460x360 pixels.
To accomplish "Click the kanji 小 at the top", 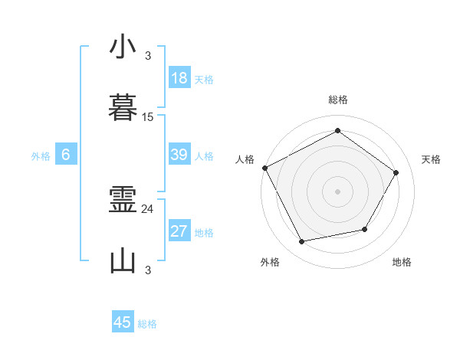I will click(x=123, y=47).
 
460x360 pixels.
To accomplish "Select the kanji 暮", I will click(x=123, y=108).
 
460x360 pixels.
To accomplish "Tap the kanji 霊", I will click(x=123, y=201).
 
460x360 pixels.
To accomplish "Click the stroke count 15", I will click(x=148, y=117).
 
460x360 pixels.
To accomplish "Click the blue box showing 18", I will click(x=179, y=78).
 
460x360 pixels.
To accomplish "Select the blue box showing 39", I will click(x=179, y=155).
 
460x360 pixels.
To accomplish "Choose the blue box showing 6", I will click(x=66, y=155).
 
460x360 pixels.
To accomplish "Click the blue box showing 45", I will click(x=123, y=322).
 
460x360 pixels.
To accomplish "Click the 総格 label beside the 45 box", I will click(x=147, y=324).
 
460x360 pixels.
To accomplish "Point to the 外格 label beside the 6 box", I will click(x=41, y=156).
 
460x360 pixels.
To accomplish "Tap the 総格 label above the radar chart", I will click(x=338, y=100).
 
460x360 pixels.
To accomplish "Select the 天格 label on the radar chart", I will click(x=432, y=159).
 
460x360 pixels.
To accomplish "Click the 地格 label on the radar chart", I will click(x=402, y=262).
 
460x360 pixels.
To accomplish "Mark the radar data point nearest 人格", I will click(x=264, y=168).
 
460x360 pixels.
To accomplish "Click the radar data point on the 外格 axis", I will click(x=302, y=242).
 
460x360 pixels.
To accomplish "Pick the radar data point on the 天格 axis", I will click(x=396, y=172).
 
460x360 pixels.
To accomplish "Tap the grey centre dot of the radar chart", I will click(x=338, y=191).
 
